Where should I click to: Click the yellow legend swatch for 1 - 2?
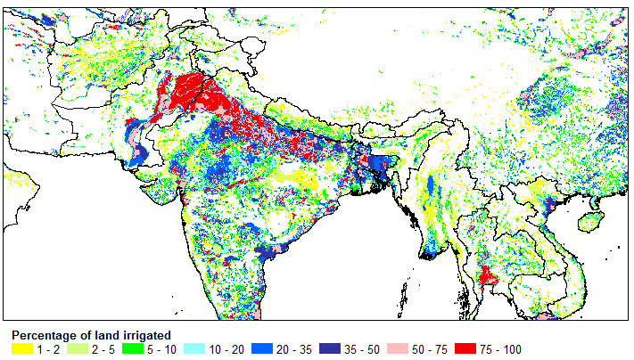pos(22,349)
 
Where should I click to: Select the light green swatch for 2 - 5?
pos(78,349)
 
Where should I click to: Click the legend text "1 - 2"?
pos(48,350)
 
